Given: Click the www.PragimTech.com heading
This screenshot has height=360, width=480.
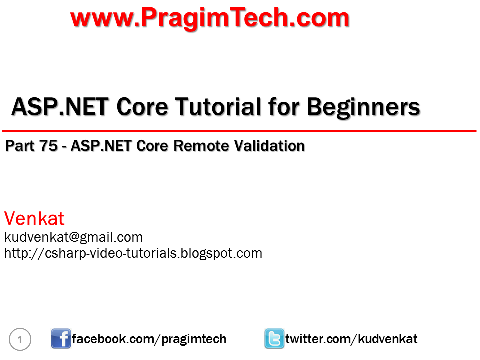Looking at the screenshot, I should click(x=210, y=18).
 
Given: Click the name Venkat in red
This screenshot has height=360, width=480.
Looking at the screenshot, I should click(x=34, y=219).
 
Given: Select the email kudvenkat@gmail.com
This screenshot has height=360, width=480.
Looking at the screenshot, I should click(x=73, y=237).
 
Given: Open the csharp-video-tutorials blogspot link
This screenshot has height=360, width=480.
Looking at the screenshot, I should click(x=133, y=253).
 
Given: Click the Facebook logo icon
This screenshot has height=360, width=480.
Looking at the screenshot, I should click(x=61, y=339).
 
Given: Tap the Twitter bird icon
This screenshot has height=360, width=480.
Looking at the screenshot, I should click(x=274, y=339).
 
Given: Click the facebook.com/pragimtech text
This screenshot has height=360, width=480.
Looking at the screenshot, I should click(x=149, y=339).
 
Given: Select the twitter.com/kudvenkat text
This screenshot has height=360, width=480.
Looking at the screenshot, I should click(x=351, y=339).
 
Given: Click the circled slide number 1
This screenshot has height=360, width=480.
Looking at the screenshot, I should click(x=20, y=340).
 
